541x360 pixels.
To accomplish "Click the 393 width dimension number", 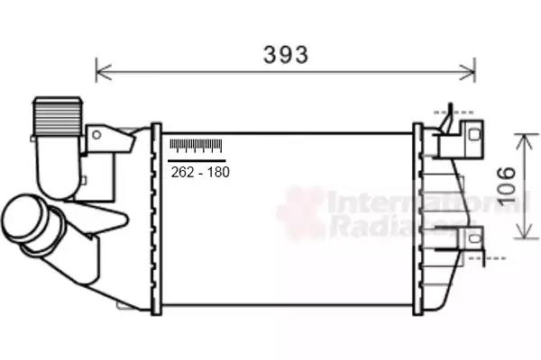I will pos(286,54).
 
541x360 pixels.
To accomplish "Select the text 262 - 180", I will pos(199,172).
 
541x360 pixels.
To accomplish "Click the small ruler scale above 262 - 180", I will pos(196,147).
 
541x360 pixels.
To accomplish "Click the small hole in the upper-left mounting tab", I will pos(96,134).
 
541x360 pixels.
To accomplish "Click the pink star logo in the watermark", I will pos(300,212).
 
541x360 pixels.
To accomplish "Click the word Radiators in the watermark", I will pos(370,226).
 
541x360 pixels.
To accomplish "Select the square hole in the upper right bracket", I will pos(473,134).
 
